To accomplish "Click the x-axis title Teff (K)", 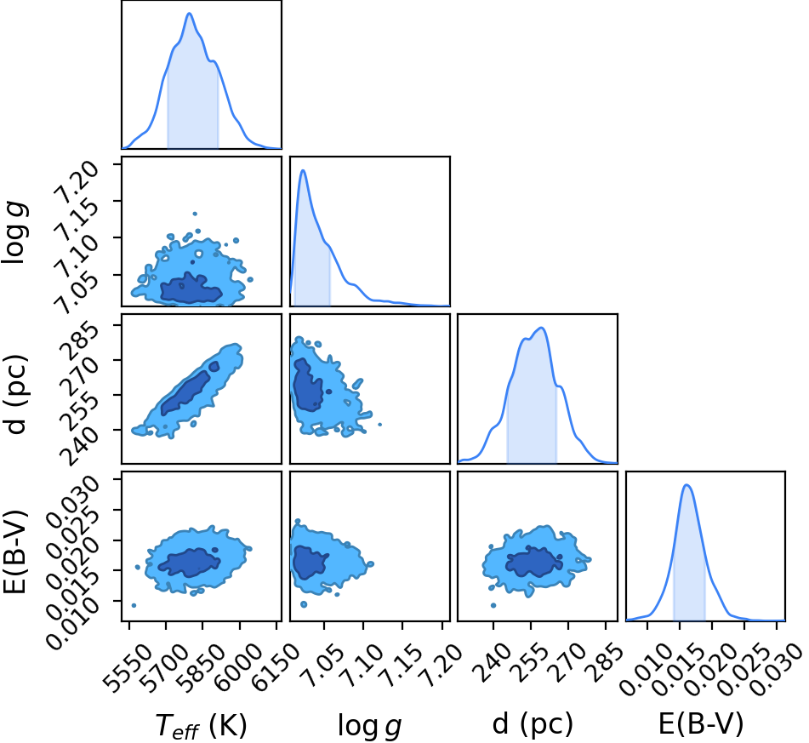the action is coord(202,725).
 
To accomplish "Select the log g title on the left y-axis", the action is coord(15,232).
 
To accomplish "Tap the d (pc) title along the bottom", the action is coord(533,724).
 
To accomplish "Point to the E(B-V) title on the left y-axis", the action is coord(14,552).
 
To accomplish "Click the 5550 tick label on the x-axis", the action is coord(128,667).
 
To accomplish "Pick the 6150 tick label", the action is coord(276,667).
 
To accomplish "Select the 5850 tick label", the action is coord(202,667).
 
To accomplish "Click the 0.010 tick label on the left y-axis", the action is coord(72,623).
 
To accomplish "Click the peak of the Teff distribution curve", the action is coord(190,14).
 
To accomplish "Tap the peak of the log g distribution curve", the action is coord(304,170).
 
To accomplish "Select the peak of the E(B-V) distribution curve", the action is coord(687,485).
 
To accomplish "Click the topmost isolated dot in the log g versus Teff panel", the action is coord(195,214).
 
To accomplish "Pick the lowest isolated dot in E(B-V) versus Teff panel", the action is coord(134,605).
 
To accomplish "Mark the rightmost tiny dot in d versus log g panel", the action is coord(380,425).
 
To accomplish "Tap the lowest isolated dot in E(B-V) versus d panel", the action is coord(493,605).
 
